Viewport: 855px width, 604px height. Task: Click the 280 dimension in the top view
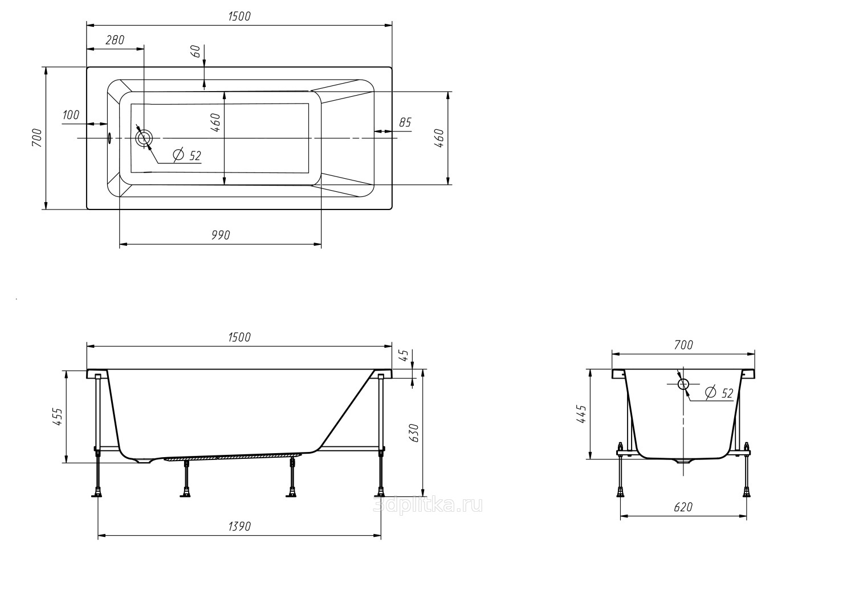(x=115, y=40)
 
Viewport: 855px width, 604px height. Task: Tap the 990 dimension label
(x=221, y=235)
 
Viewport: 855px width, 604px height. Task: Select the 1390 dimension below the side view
(x=239, y=526)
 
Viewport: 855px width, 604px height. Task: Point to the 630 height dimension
(x=414, y=433)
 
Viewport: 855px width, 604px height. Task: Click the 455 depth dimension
(x=57, y=417)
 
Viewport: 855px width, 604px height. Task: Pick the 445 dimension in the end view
(x=581, y=414)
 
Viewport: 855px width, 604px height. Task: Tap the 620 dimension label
(x=683, y=507)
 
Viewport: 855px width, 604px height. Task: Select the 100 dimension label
(x=71, y=115)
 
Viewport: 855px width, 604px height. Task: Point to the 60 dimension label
(x=196, y=51)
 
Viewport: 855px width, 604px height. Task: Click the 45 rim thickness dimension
(x=404, y=355)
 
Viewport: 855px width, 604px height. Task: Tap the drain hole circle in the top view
(x=144, y=138)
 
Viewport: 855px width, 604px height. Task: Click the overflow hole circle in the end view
(x=683, y=384)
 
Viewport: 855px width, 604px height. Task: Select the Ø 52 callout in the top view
(x=187, y=155)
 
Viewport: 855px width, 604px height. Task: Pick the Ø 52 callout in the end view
(x=719, y=393)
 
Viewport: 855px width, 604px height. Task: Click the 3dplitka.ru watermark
(x=428, y=506)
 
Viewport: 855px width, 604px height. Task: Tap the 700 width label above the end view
(x=683, y=345)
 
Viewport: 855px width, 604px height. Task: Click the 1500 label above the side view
(x=239, y=337)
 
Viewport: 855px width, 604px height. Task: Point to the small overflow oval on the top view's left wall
(x=109, y=138)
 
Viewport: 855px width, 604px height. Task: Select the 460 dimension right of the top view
(x=439, y=138)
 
